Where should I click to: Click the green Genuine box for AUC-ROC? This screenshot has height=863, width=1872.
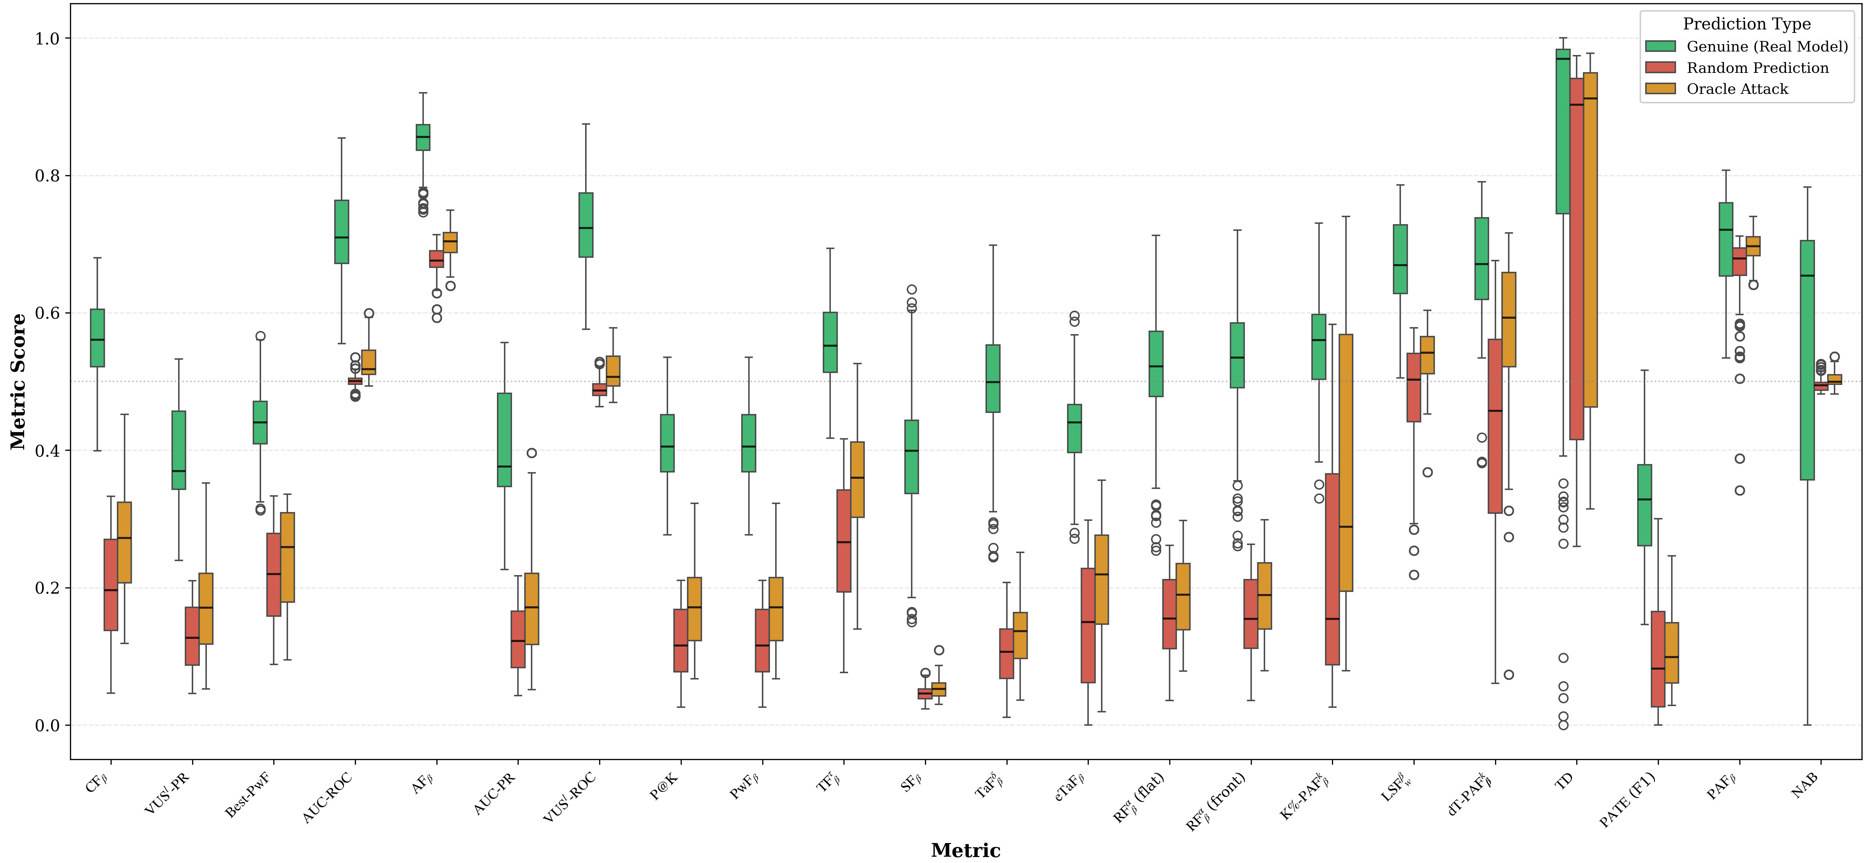[x=342, y=231]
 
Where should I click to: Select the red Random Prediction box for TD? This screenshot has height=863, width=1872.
[x=1577, y=258]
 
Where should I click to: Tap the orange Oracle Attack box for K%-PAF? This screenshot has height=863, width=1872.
[x=1346, y=462]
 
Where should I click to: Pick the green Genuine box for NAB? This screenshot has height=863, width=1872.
[x=1807, y=360]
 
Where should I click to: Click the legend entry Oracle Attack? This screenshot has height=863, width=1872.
[x=1737, y=89]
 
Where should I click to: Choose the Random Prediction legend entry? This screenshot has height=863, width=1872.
[x=1757, y=68]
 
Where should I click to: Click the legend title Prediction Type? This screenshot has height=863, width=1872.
[x=1746, y=24]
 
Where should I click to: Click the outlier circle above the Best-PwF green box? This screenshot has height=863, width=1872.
[x=260, y=336]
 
